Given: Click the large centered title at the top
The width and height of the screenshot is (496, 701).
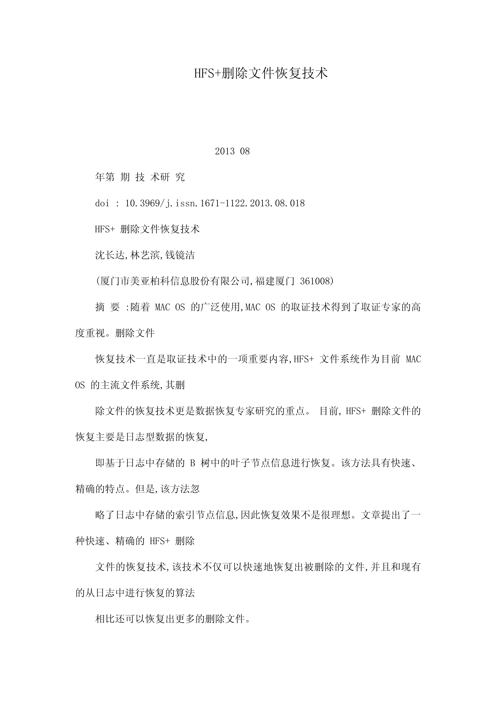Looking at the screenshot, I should pyautogui.click(x=261, y=74).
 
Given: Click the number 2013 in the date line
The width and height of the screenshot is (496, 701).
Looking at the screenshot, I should pyautogui.click(x=225, y=151).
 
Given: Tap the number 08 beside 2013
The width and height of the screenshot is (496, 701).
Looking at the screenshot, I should pyautogui.click(x=245, y=151).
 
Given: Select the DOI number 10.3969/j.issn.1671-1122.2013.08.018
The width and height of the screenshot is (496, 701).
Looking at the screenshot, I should pyautogui.click(x=215, y=203).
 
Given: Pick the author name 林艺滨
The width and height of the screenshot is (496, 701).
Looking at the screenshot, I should pyautogui.click(x=145, y=255).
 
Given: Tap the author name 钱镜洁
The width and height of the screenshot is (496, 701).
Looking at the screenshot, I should pyautogui.click(x=180, y=255).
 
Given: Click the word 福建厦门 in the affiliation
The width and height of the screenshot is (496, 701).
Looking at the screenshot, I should pyautogui.click(x=275, y=281).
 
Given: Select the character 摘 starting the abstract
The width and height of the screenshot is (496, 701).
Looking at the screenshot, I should pyautogui.click(x=100, y=307).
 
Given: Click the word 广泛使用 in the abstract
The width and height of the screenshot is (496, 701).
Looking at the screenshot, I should pyautogui.click(x=220, y=307).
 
